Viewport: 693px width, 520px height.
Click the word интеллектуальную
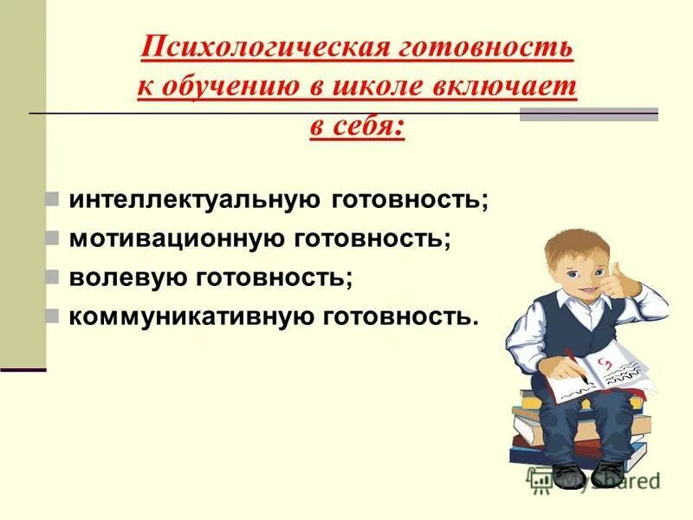(x=197, y=200)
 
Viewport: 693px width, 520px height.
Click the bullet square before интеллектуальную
(x=53, y=200)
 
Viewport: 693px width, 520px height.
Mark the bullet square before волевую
(x=53, y=277)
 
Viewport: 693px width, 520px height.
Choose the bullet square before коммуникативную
(x=53, y=315)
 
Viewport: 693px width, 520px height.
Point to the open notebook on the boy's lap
(x=598, y=368)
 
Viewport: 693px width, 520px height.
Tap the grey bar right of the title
(x=588, y=114)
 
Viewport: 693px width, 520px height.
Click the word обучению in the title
(x=230, y=87)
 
